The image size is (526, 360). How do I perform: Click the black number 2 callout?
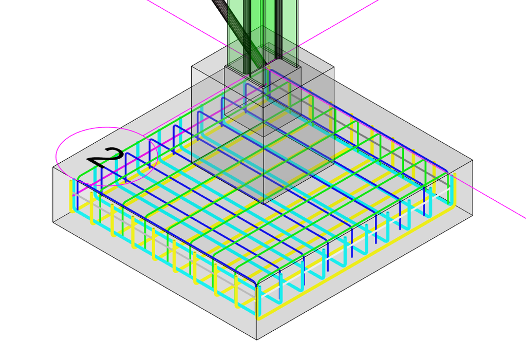click(x=106, y=157)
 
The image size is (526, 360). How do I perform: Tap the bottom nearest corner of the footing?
click(x=257, y=339)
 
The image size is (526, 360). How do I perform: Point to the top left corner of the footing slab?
click(x=53, y=167)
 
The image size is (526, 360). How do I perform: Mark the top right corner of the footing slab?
click(x=473, y=160)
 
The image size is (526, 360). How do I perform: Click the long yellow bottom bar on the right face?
click(x=360, y=267)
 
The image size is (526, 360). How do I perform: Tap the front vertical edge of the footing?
click(x=257, y=308)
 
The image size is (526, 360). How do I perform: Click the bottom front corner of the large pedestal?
click(x=264, y=203)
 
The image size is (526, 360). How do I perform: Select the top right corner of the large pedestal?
click(x=334, y=66)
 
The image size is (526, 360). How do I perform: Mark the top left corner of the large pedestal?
click(x=192, y=66)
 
